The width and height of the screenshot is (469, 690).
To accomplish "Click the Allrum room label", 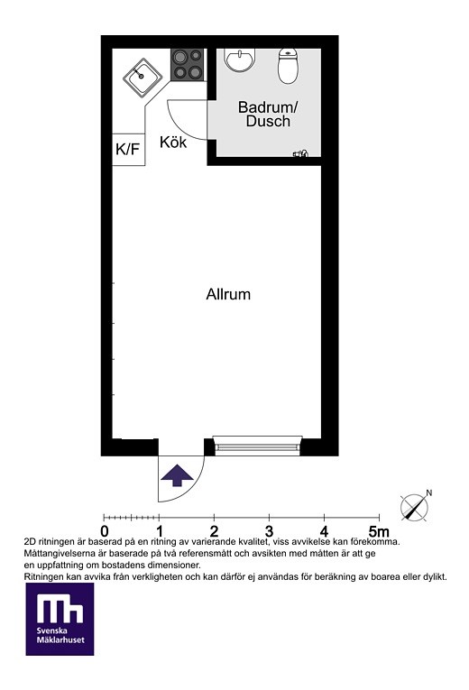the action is click(x=228, y=294).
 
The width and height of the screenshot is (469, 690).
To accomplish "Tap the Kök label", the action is click(x=173, y=143).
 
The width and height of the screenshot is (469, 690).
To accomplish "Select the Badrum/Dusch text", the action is click(x=268, y=114).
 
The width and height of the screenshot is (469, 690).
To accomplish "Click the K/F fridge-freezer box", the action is click(x=128, y=150).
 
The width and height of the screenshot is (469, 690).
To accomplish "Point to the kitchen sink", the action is click(x=142, y=78).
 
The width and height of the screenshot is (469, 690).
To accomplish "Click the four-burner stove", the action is click(x=188, y=64).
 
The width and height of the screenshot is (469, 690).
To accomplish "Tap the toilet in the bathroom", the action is click(x=289, y=66).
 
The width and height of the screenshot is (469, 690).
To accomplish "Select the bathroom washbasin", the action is click(x=240, y=60).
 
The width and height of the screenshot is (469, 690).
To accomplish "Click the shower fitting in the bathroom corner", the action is click(x=301, y=153).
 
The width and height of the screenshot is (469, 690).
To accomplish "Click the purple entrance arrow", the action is click(x=177, y=474).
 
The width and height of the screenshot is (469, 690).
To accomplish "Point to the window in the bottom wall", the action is click(x=257, y=446).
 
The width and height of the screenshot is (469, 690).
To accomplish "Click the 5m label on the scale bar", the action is click(x=379, y=531).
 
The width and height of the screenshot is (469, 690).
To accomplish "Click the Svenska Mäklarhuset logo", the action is click(x=60, y=619).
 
